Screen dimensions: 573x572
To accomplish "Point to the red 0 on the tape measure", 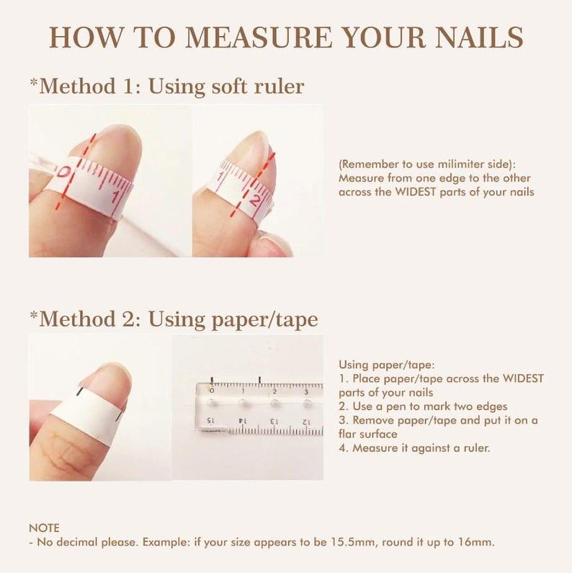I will tap(64, 173).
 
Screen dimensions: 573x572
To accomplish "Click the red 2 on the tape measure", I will tap(254, 200).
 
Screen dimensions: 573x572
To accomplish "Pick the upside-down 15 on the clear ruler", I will tap(210, 420).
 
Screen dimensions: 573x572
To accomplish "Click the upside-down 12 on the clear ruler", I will tap(306, 420).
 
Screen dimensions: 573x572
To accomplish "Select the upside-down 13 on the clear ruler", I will tap(274, 420).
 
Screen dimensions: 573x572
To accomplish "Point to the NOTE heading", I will tap(44, 528).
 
